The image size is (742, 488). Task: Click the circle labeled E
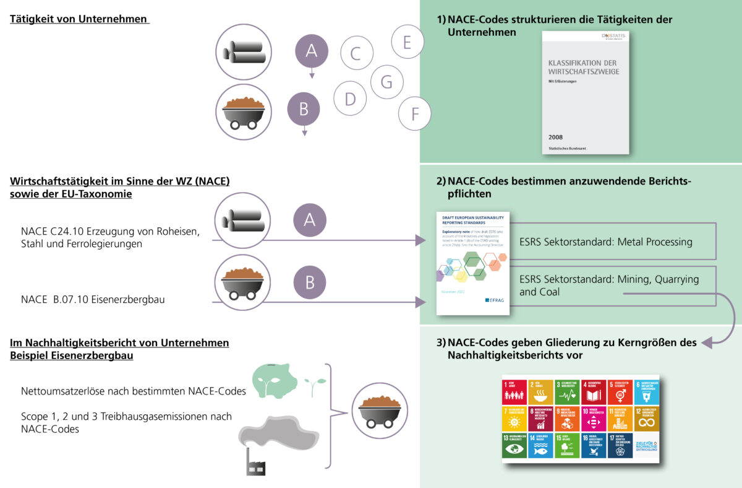(x=407, y=41)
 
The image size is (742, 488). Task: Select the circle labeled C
(x=355, y=53)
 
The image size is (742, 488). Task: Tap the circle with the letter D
(x=350, y=98)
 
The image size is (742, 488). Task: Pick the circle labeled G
(x=386, y=82)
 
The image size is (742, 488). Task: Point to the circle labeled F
(x=415, y=114)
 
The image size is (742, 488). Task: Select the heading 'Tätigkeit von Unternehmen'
(x=79, y=19)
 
